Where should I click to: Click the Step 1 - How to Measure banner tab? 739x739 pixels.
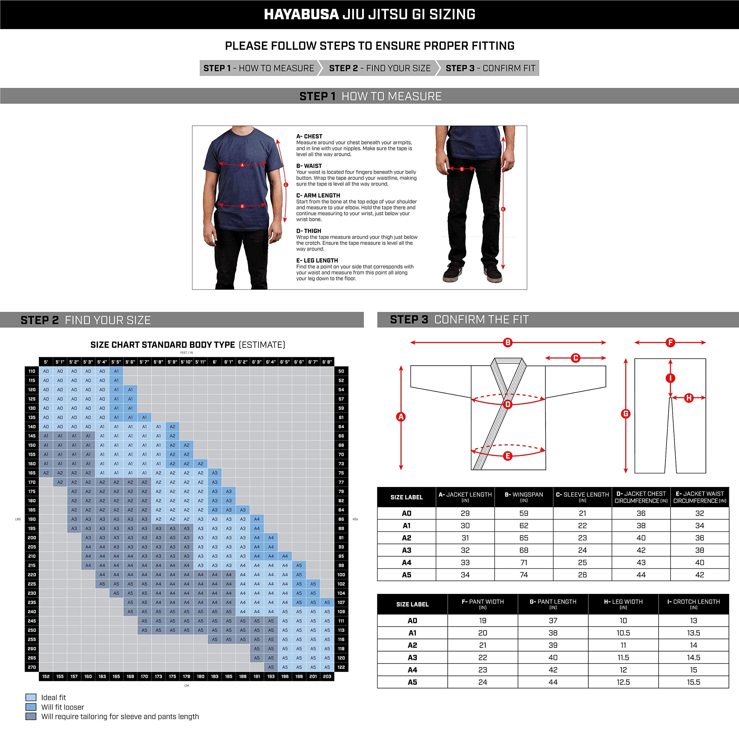coord(259,68)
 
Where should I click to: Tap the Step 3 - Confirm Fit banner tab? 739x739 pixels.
coord(490,68)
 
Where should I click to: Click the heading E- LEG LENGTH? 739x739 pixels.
coord(317,260)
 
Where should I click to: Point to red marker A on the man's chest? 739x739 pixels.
coord(242,165)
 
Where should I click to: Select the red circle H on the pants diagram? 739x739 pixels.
coord(689,398)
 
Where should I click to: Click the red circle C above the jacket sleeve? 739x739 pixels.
coord(576,358)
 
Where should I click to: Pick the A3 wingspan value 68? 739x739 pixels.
coord(524,550)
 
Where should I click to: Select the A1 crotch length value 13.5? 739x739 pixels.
coord(693,633)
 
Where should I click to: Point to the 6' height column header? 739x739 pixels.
coord(214,361)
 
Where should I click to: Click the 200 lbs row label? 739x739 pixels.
coord(32,538)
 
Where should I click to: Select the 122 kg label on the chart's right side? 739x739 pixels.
coord(341,667)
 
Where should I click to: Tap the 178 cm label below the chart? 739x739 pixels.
coord(186,676)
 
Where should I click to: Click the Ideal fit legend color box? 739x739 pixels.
coord(31,697)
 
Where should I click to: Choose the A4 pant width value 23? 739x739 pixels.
coord(482,669)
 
